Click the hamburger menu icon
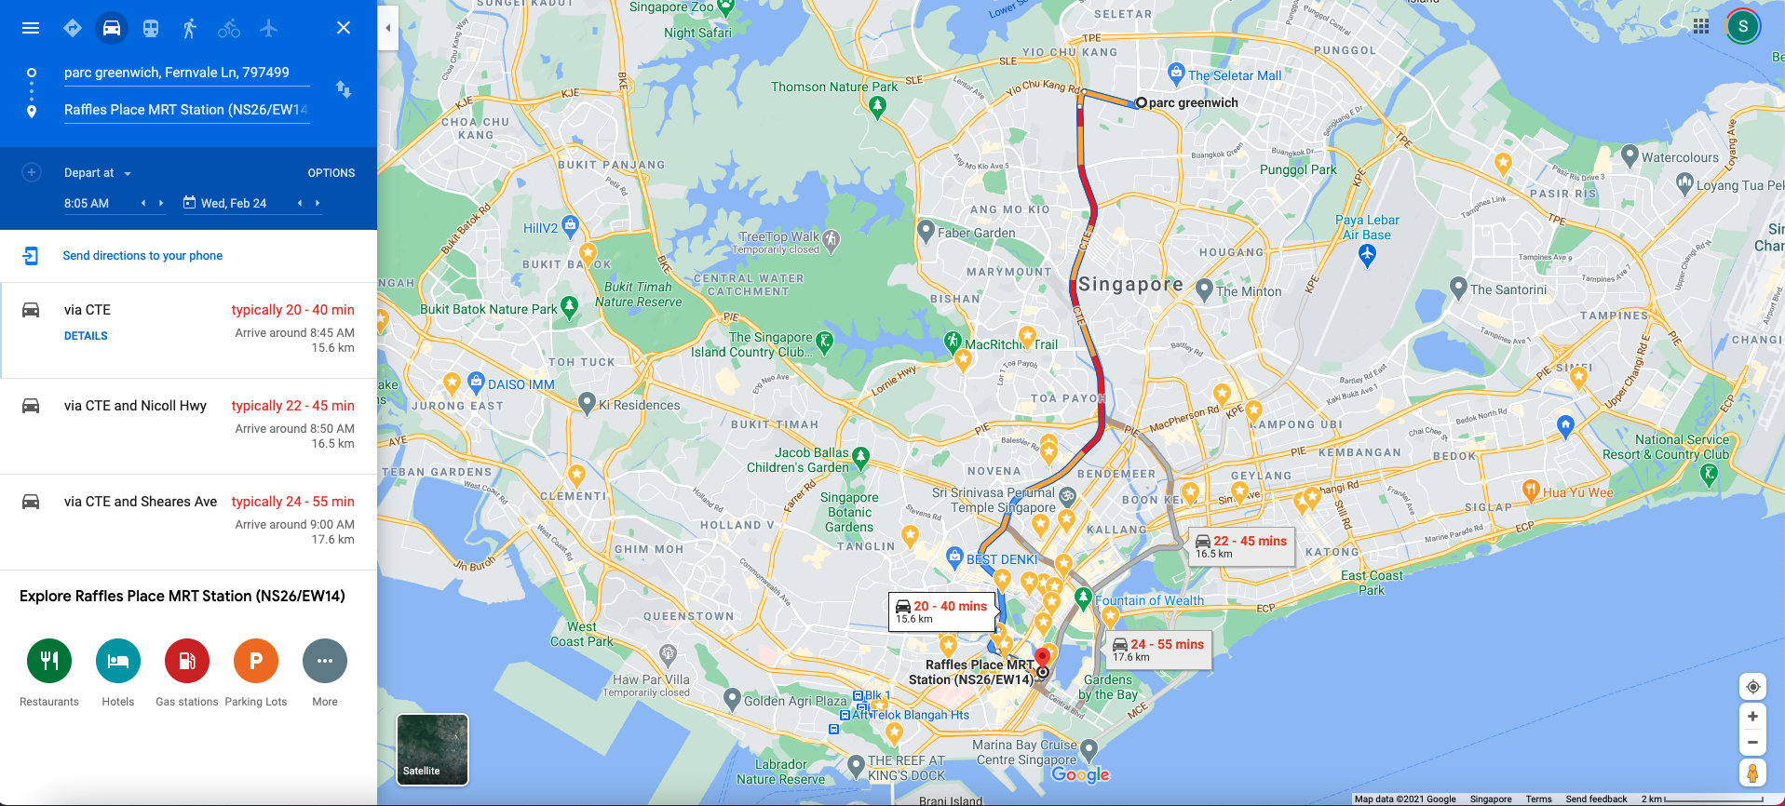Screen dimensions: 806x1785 click(31, 28)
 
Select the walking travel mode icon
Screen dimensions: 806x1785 click(190, 28)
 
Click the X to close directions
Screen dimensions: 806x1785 click(344, 28)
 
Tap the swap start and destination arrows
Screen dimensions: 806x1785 click(344, 89)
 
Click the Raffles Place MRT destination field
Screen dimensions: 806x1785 click(185, 110)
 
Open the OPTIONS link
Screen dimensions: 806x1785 click(331, 173)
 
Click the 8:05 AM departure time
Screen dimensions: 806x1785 click(88, 203)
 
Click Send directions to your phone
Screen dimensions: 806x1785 click(142, 256)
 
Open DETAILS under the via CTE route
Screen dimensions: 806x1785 click(86, 336)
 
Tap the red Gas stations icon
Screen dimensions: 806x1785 click(187, 661)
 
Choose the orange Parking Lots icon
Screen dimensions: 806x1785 click(256, 661)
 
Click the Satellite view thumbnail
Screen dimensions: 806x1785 click(432, 749)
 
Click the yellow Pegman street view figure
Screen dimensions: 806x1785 click(1752, 772)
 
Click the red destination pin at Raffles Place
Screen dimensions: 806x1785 click(1043, 659)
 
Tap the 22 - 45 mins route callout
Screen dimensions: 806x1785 click(1241, 546)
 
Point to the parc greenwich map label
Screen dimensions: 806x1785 click(1193, 103)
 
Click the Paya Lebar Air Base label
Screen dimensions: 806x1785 click(1367, 228)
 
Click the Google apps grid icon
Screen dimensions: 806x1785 click(1701, 26)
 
